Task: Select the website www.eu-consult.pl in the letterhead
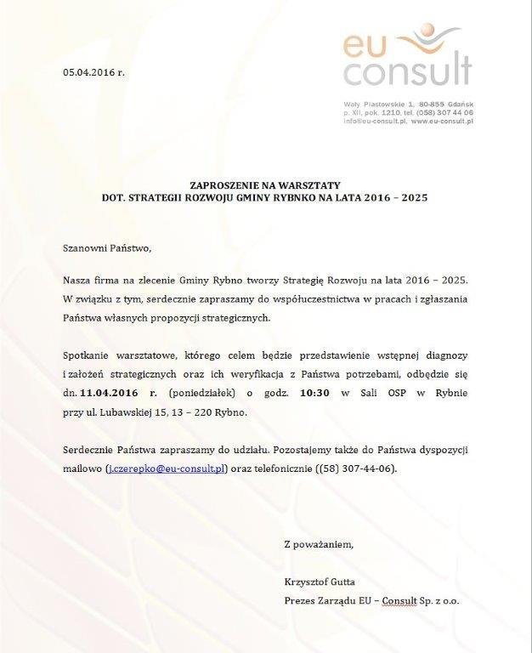pyautogui.click(x=442, y=122)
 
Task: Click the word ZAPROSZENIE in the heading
pyautogui.click(x=224, y=185)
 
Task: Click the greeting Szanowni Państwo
pyautogui.click(x=106, y=248)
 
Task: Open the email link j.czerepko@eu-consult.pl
pyautogui.click(x=167, y=468)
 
